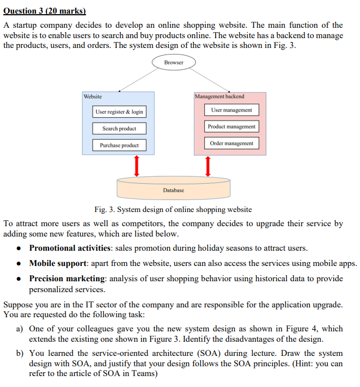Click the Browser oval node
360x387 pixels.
[x=174, y=63]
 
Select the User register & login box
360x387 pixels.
[x=119, y=112]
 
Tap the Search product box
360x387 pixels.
[x=119, y=129]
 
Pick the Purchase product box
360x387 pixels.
[x=119, y=146]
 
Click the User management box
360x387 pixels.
[x=231, y=110]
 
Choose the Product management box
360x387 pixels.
[x=231, y=126]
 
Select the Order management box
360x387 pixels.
[x=231, y=143]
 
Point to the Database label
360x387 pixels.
[x=173, y=190]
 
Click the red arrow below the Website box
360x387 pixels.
[x=136, y=166]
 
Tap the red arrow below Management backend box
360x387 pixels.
[x=208, y=166]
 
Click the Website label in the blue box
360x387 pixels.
[x=93, y=96]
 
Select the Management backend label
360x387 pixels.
[x=219, y=96]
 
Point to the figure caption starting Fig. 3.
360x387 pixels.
[x=173, y=209]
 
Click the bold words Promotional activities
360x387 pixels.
[x=68, y=248]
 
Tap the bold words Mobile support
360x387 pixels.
[x=56, y=263]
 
